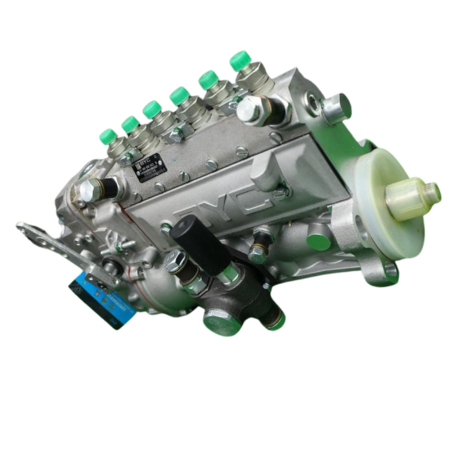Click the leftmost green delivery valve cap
pos(108,135)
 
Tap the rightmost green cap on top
pos(240,60)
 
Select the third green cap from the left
pos(152,108)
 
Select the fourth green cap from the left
pos(179,96)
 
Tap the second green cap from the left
pos(131,124)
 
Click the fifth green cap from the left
pos(208,80)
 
